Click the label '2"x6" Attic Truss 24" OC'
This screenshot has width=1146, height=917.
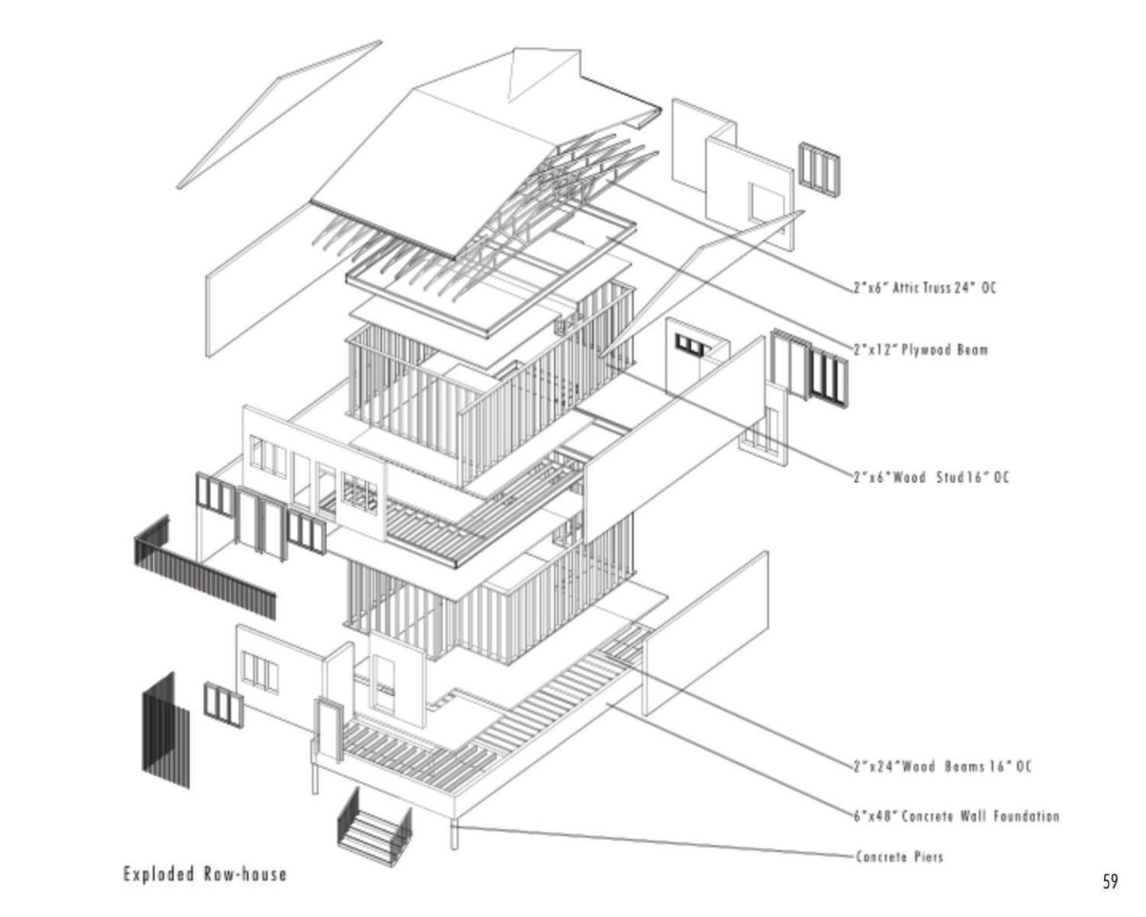coord(924,287)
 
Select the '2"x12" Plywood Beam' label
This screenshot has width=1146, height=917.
coord(920,349)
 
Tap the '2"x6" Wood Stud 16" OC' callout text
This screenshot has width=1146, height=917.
coord(930,478)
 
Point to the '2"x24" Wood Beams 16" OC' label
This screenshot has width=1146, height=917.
coord(941,767)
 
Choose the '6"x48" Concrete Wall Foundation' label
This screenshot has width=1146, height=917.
coord(956,816)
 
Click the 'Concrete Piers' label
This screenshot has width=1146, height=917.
coord(899,857)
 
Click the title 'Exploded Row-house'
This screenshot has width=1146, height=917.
coord(205,874)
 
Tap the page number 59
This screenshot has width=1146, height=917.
coord(1110,882)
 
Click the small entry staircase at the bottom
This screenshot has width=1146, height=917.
coord(373,825)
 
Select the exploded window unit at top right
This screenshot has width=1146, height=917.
coord(820,166)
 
